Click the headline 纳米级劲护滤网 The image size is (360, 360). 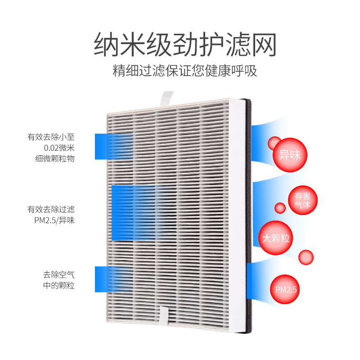point(184,45)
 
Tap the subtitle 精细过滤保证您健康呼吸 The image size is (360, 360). point(185,71)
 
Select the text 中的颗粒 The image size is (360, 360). point(58,286)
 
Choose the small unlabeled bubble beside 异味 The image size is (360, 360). point(274,144)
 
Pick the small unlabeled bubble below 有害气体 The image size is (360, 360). point(280,208)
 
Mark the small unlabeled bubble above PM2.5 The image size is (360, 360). point(306,257)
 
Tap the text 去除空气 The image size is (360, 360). point(58,275)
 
